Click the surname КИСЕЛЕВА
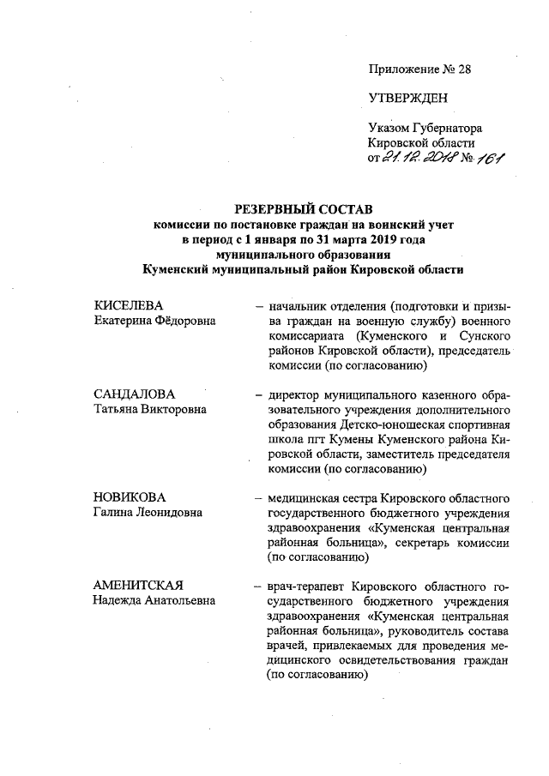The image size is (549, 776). (x=128, y=306)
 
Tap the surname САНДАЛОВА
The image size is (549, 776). (x=134, y=394)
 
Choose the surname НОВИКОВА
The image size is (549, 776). (x=130, y=497)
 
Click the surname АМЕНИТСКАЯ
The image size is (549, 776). (x=139, y=586)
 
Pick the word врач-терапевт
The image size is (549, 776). (x=307, y=587)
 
